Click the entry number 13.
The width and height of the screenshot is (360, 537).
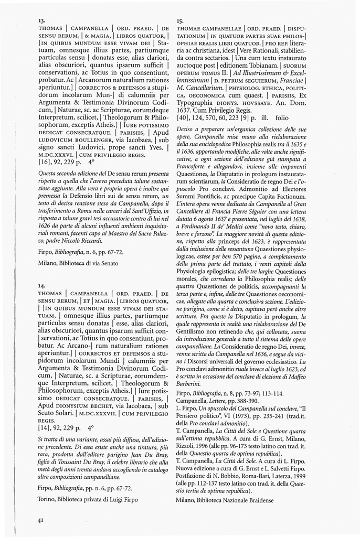pyautogui.click(x=41, y=20)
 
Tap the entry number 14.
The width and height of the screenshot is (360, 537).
pyautogui.click(x=41, y=284)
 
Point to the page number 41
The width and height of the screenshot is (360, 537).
pyautogui.click(x=40, y=520)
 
